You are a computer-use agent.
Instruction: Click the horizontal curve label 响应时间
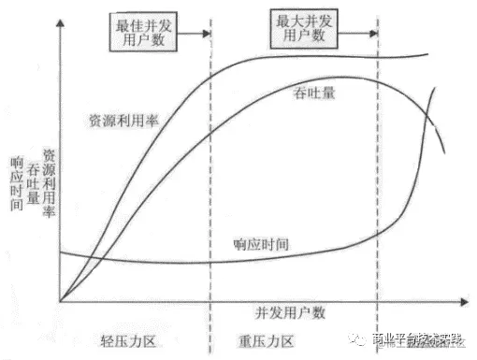(x=261, y=244)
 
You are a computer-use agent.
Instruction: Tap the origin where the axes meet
(x=62, y=301)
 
